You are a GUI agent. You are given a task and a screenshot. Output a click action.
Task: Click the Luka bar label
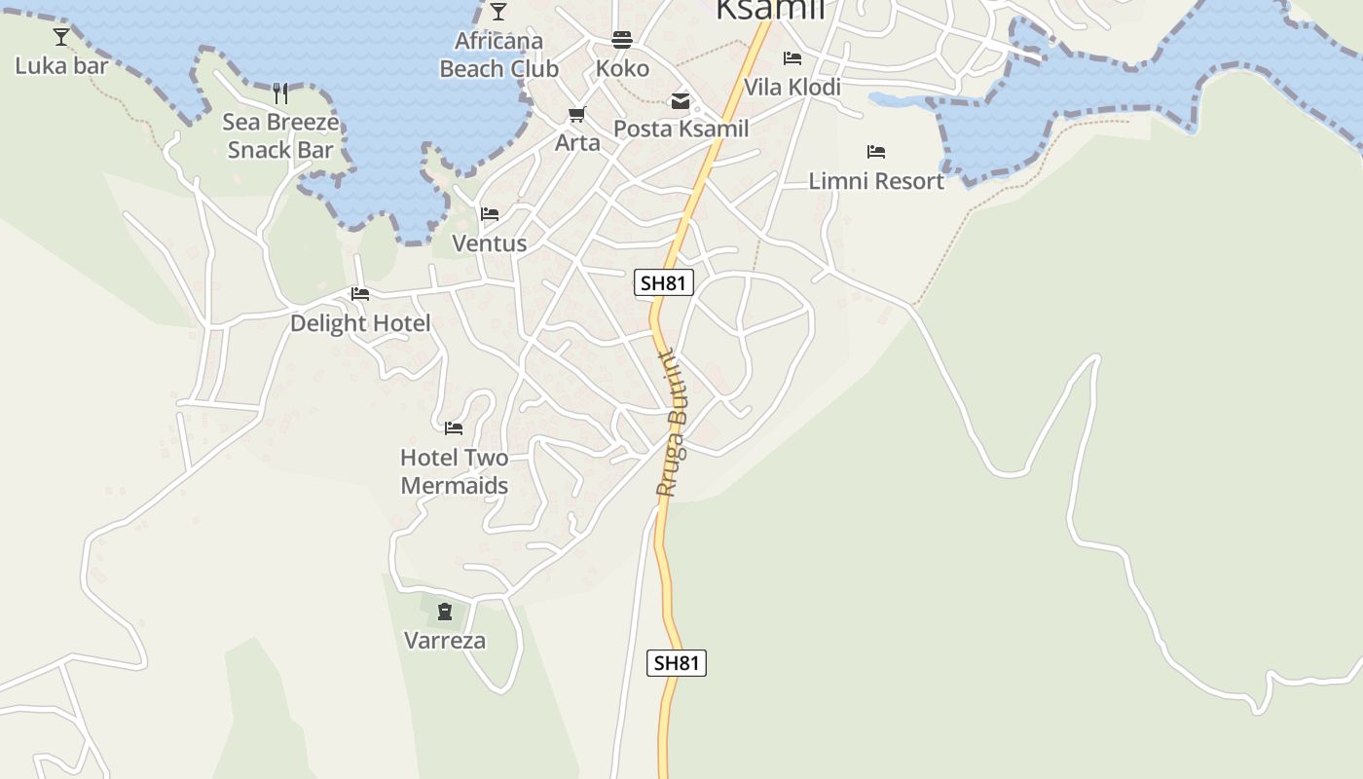click(61, 66)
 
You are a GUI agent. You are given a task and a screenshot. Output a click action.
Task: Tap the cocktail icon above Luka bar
click(61, 37)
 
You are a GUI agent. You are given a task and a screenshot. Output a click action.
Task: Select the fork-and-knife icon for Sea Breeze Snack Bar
click(280, 93)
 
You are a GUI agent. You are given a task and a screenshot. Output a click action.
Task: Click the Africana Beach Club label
click(498, 55)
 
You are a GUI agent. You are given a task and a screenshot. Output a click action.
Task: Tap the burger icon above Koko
click(622, 39)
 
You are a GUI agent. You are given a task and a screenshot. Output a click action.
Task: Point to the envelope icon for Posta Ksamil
click(681, 100)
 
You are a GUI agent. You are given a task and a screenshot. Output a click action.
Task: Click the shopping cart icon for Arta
click(577, 115)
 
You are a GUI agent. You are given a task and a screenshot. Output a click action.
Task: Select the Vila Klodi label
click(792, 87)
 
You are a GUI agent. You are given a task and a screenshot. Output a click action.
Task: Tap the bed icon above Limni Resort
click(876, 152)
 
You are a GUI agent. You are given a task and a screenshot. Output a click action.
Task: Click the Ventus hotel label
click(490, 243)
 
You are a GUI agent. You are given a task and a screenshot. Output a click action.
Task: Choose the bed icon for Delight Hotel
click(360, 294)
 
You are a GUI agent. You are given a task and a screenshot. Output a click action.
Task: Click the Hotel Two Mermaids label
click(455, 471)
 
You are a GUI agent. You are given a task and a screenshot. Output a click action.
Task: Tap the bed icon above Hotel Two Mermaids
click(454, 427)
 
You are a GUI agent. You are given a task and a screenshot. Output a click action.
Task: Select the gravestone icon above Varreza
click(445, 612)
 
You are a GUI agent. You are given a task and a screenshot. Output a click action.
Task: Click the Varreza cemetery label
click(445, 641)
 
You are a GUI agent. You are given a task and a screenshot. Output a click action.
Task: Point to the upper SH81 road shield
click(663, 283)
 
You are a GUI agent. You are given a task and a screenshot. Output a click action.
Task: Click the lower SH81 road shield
click(677, 663)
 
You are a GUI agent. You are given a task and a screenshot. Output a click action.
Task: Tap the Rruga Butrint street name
click(672, 424)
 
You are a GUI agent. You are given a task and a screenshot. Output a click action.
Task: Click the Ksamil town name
click(770, 9)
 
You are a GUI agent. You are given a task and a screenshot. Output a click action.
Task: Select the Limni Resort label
click(876, 181)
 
